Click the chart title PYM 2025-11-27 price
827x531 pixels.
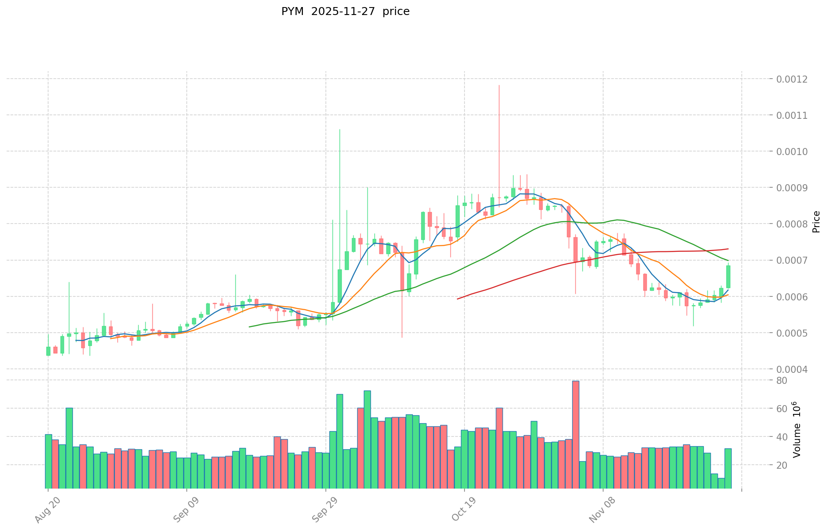click(345, 11)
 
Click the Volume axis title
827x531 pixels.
click(797, 429)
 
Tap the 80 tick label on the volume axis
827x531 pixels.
click(782, 380)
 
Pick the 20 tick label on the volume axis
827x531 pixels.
click(782, 465)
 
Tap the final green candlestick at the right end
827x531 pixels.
click(728, 277)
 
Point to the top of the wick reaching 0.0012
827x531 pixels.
click(499, 85)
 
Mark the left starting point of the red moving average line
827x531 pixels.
click(457, 299)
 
